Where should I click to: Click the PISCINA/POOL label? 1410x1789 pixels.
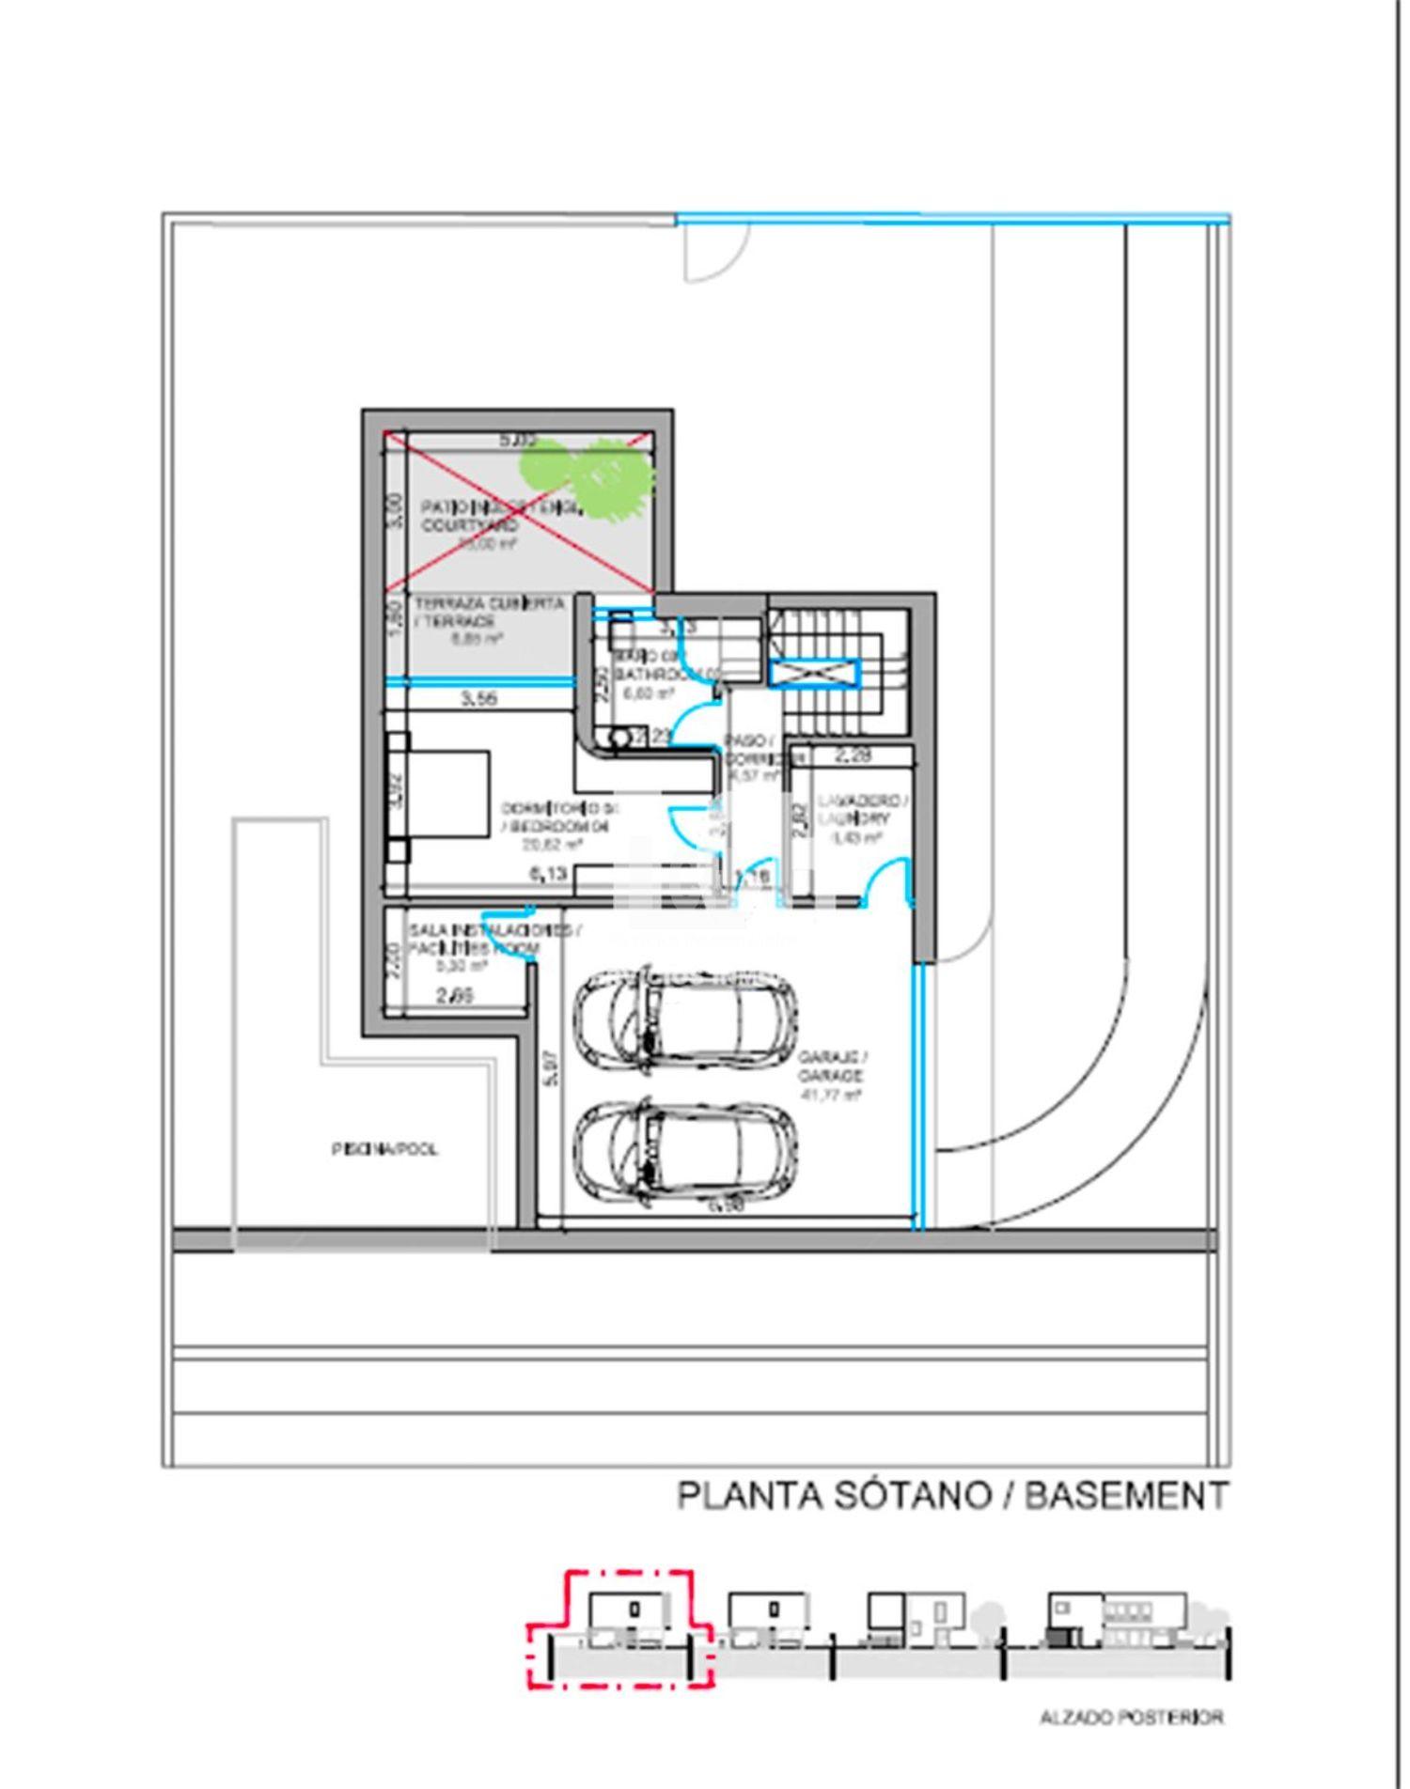pyautogui.click(x=385, y=1149)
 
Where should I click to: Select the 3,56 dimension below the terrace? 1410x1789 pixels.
pyautogui.click(x=479, y=699)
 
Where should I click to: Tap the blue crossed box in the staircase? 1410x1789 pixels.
pyautogui.click(x=815, y=673)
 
